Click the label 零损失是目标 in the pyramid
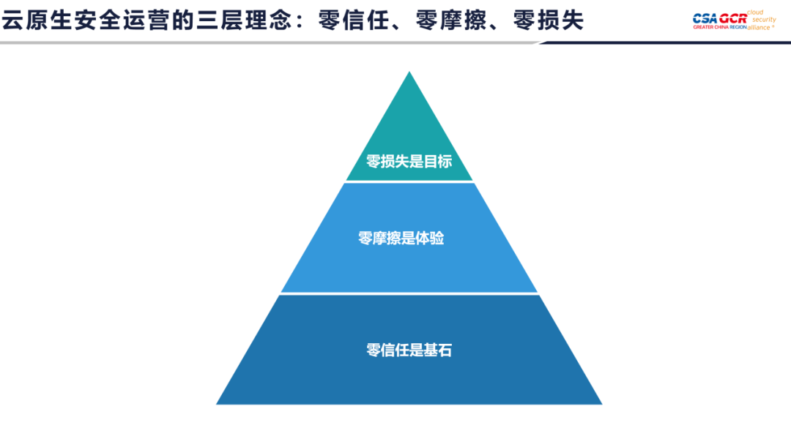click(x=409, y=161)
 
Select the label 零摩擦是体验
click(x=401, y=238)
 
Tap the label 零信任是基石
click(x=409, y=350)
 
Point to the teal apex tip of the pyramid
click(x=409, y=72)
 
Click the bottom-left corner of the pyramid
click(x=216, y=404)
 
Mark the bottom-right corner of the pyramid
click(x=602, y=404)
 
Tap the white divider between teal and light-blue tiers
click(x=409, y=181)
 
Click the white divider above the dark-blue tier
click(x=409, y=293)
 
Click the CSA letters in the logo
click(x=705, y=18)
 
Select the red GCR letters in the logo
click(x=733, y=18)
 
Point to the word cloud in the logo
click(x=755, y=12)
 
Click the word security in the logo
click(x=764, y=20)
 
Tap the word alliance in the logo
click(x=760, y=27)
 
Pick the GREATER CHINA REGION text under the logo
click(x=720, y=27)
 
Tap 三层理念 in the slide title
click(x=244, y=20)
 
